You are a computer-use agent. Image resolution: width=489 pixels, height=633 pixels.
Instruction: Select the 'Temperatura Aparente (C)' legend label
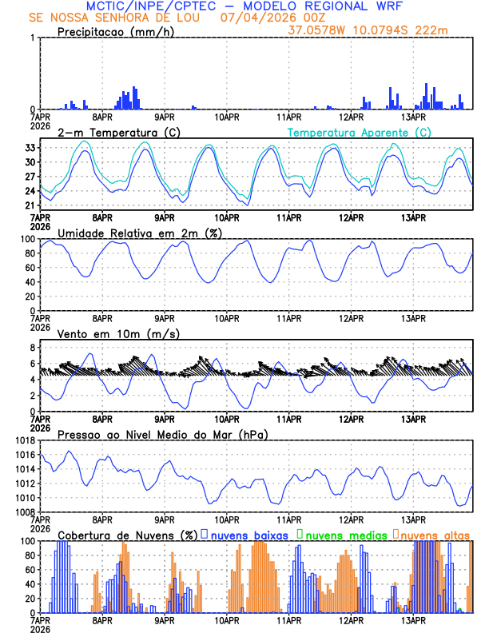359,132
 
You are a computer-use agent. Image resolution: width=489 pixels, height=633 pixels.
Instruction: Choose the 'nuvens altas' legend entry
435,534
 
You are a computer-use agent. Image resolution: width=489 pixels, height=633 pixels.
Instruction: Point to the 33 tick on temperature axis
29,148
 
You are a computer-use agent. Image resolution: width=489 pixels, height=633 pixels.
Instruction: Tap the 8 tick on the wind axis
32,348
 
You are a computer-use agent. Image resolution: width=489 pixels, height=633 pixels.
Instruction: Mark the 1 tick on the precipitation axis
32,38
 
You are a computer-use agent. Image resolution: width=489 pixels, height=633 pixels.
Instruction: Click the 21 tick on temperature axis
29,205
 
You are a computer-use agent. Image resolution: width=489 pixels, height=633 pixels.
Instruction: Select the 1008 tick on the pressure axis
22,512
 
